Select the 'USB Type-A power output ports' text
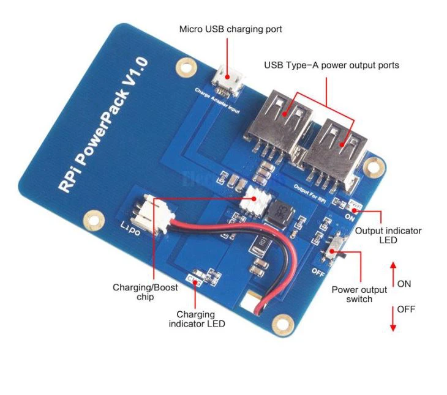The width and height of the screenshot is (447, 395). [x=331, y=65]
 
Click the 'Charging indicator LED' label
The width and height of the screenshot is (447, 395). [x=196, y=319]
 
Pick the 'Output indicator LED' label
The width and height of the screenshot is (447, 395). [x=388, y=235]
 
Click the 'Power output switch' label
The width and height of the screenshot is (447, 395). [x=359, y=293]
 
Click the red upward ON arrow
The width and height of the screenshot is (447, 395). [x=393, y=274]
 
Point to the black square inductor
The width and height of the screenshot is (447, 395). [x=280, y=211]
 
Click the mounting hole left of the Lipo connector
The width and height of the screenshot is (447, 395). [x=94, y=217]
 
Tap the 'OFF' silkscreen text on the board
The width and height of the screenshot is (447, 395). [x=318, y=270]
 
